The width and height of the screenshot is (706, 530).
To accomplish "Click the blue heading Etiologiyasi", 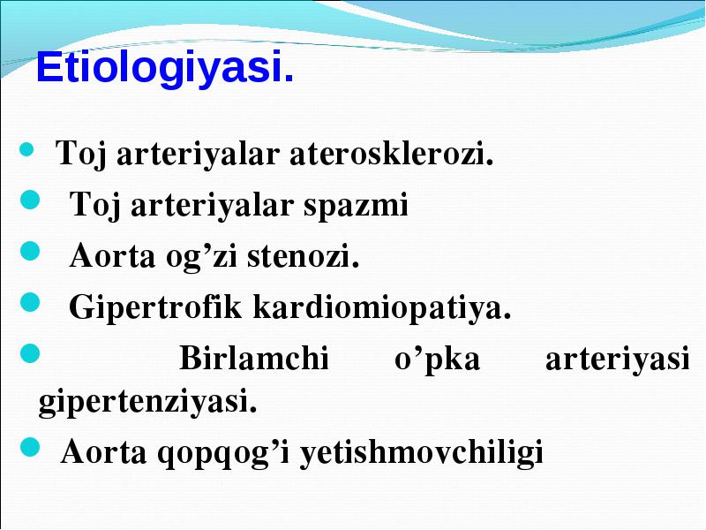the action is (165, 68).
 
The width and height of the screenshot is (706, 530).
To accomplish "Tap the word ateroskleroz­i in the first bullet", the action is (392, 153).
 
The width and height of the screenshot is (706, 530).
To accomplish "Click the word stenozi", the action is (304, 255).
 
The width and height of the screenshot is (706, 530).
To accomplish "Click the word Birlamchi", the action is (254, 358).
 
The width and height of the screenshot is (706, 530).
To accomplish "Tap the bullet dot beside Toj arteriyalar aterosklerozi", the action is (27, 150).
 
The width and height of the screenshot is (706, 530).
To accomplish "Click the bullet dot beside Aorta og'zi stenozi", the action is (30, 251).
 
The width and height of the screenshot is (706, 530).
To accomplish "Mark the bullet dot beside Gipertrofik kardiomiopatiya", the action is (30, 302).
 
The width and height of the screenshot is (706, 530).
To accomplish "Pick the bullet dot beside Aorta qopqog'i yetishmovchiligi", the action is (30, 447).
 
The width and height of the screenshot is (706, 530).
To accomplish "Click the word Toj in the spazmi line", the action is (95, 206).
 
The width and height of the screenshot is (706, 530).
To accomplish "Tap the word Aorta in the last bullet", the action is (103, 451).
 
